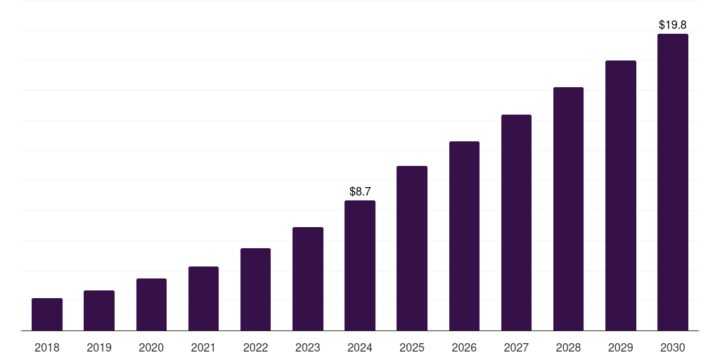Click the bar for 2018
coord(47,314)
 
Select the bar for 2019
coord(99,310)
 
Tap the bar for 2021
coord(203,298)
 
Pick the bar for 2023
coord(308,278)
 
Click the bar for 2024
coord(360,265)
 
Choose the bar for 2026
coord(464,236)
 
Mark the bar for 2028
coord(568,209)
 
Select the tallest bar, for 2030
coord(673,182)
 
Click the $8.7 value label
coord(360,191)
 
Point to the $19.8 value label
coord(673,25)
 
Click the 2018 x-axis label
coord(47,347)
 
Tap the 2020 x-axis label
coord(151,347)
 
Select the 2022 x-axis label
coord(255,347)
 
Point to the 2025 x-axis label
coord(412,347)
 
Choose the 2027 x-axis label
coord(516,347)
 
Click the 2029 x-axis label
coord(620,347)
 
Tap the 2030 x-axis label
coord(673,347)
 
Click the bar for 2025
coord(412,248)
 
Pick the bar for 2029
coord(620,195)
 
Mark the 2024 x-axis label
coord(360,347)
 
